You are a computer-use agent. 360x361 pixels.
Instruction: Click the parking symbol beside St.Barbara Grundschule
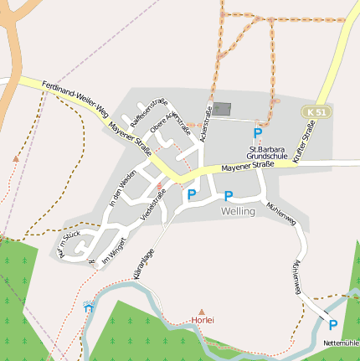(x=258, y=133)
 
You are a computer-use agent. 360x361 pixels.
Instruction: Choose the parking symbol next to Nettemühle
(x=332, y=325)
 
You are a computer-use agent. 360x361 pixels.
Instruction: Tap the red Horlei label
(x=203, y=321)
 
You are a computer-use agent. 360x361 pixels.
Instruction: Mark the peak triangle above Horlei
(x=201, y=311)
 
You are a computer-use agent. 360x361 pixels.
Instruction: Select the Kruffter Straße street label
(x=306, y=139)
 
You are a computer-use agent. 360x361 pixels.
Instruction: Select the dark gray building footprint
(x=221, y=109)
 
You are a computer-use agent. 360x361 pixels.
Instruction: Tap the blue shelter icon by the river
(x=90, y=307)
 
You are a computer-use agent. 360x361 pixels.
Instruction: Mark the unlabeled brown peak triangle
(x=16, y=157)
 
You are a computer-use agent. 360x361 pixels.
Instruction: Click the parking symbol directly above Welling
(x=229, y=196)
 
